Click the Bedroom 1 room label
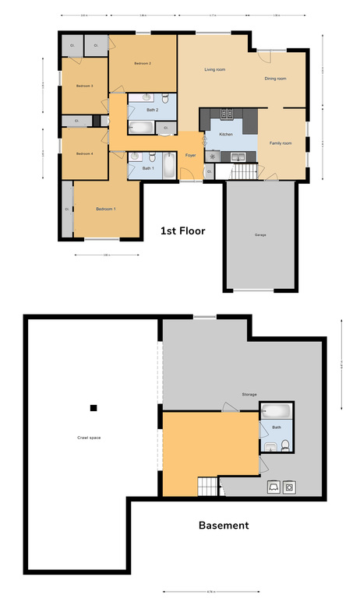[x=105, y=209]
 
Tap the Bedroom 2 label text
[x=143, y=62]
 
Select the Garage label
[x=259, y=234]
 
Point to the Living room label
[x=215, y=70]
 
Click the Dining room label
[x=275, y=79]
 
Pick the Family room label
[x=281, y=143]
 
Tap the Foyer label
[x=190, y=156]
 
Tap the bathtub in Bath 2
[x=146, y=128]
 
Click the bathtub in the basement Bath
[x=276, y=411]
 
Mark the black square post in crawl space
[x=94, y=407]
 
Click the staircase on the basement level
[x=208, y=487]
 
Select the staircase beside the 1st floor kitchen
[x=245, y=171]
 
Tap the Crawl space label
[x=88, y=438]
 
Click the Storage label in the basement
[x=249, y=395]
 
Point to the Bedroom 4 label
[x=84, y=154]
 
